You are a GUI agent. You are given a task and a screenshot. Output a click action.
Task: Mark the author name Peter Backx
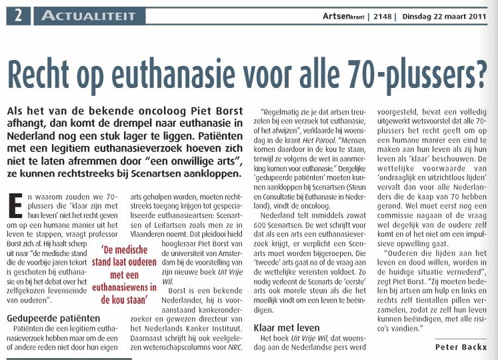coord(463,347)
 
